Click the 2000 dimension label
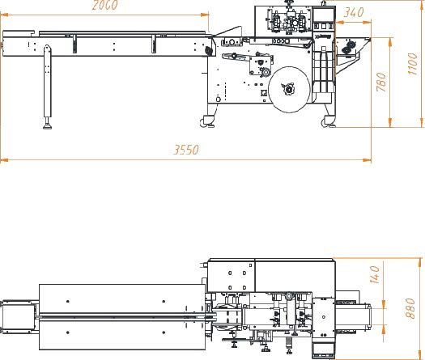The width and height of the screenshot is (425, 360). point(105,5)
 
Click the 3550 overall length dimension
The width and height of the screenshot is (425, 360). point(186,150)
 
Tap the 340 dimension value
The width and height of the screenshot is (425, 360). point(354,12)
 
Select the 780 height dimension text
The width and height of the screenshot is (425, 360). point(381,82)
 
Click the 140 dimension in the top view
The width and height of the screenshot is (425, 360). point(375,275)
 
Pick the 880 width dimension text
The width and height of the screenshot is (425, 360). point(410,308)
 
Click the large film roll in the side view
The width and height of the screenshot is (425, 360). point(290,90)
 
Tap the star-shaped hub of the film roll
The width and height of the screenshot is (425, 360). point(288,89)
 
